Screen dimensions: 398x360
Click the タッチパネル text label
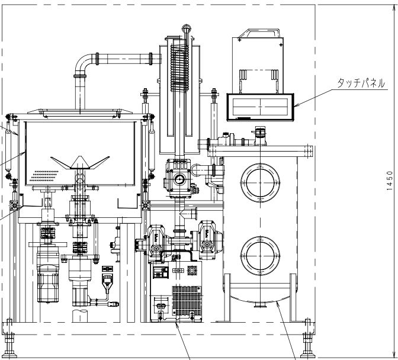(361, 83)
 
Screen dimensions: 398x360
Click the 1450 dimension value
(390, 181)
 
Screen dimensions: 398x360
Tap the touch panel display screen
(260, 107)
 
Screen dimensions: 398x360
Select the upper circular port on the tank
(260, 182)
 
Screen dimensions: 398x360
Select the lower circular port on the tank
(260, 256)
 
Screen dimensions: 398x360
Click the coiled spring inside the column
(179, 67)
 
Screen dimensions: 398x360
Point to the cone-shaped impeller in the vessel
(80, 162)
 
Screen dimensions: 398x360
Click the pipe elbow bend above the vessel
(82, 63)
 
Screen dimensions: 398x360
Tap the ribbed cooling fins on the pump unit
(187, 300)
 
